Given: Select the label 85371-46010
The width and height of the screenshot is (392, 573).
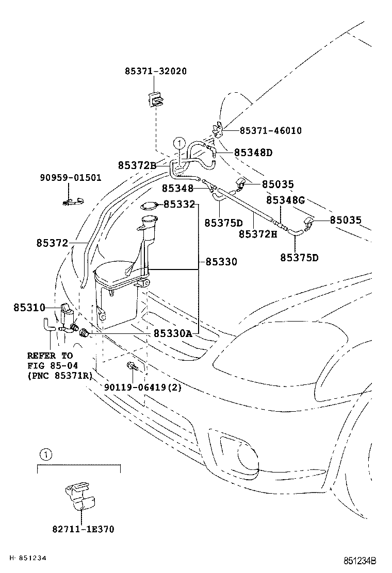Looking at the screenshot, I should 271,131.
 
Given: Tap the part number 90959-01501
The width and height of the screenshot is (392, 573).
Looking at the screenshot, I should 71,178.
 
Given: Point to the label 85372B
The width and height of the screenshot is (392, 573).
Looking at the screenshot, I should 137,165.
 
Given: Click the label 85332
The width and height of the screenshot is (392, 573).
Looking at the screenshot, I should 179,205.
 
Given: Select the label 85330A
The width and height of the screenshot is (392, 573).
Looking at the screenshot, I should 172,334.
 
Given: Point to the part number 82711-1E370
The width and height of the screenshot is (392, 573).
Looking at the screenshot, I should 83,529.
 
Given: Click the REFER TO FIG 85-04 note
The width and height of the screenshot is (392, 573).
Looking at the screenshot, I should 59,365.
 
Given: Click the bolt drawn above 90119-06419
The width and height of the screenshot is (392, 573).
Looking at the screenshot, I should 132,367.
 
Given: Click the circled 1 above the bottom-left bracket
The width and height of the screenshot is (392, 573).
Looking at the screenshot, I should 45,454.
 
